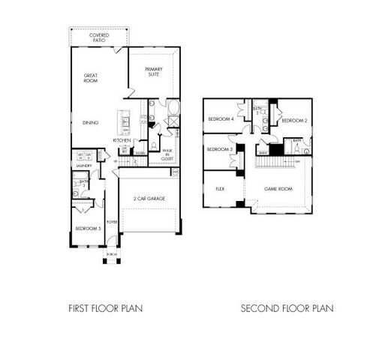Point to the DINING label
91,123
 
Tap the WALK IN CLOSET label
167,154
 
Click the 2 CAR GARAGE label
150,199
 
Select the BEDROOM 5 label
88,228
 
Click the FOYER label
112,222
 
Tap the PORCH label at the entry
112,254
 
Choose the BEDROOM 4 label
221,119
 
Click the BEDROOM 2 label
294,120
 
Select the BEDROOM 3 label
219,149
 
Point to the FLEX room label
221,189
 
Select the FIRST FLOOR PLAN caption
105,307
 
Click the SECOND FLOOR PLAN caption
287,307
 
